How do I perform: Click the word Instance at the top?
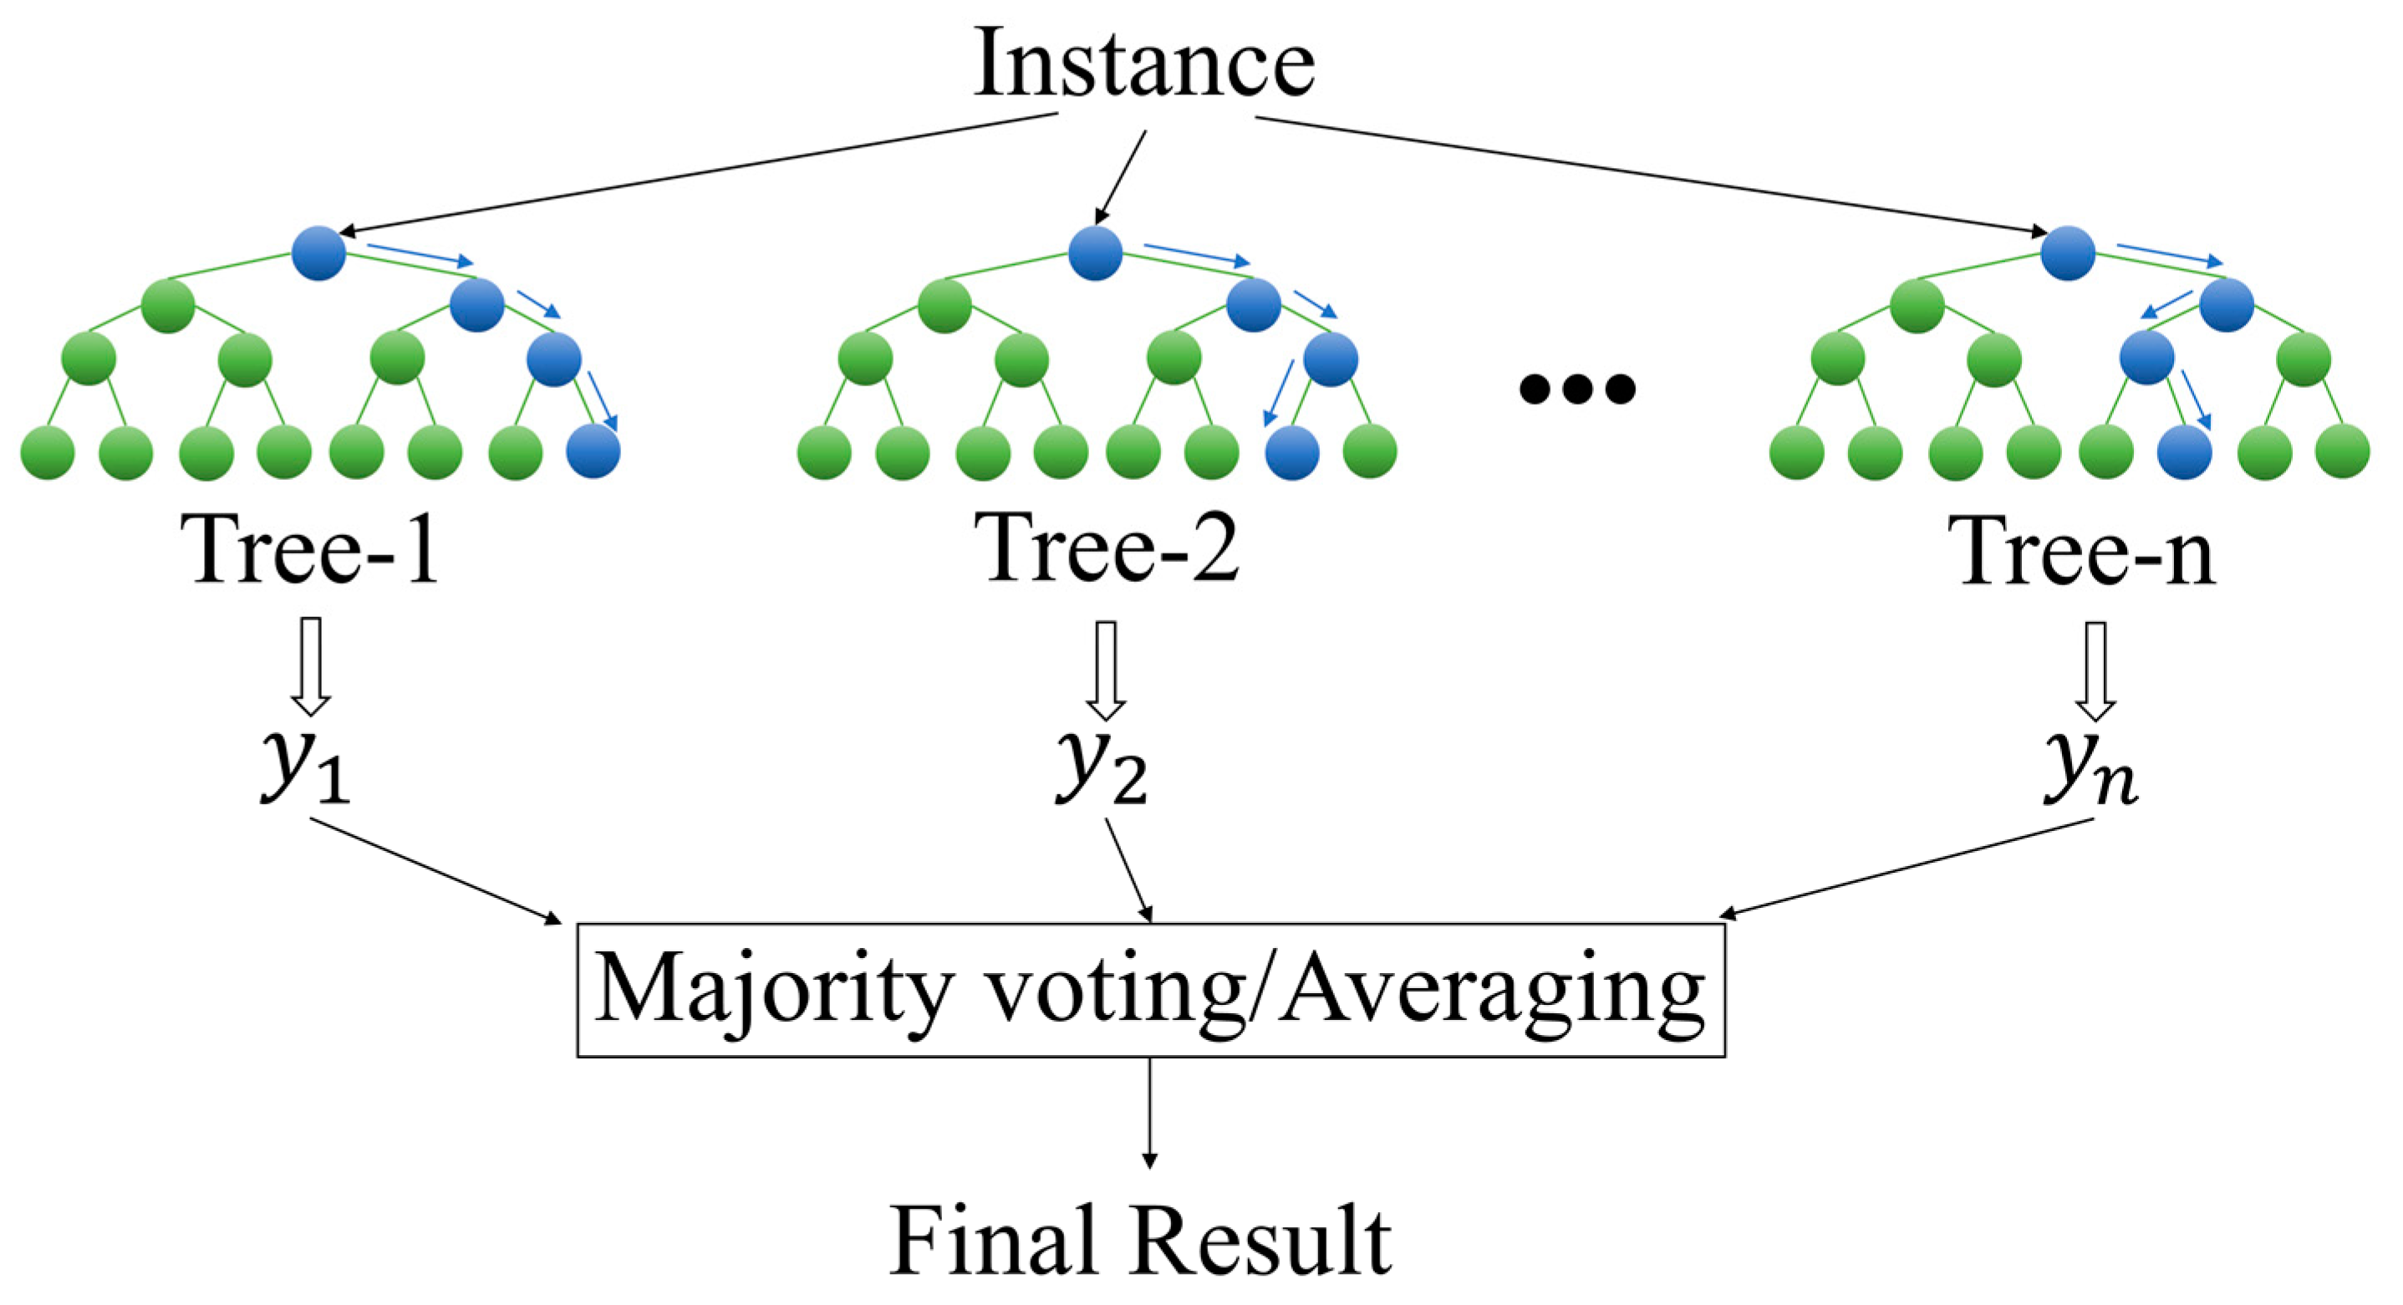click(x=1143, y=64)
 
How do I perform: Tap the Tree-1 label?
click(x=313, y=550)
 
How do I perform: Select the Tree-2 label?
click(x=1107, y=550)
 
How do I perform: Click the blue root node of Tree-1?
click(x=319, y=252)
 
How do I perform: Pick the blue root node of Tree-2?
click(x=1095, y=252)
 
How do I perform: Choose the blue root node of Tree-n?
click(x=2068, y=252)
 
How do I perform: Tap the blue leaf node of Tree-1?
click(x=593, y=451)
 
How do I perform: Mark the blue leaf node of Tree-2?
click(x=1292, y=452)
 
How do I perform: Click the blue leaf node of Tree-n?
click(x=2186, y=452)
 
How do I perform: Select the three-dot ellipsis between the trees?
click(x=1576, y=388)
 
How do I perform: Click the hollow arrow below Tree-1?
click(x=311, y=665)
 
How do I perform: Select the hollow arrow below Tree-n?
click(x=2095, y=670)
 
